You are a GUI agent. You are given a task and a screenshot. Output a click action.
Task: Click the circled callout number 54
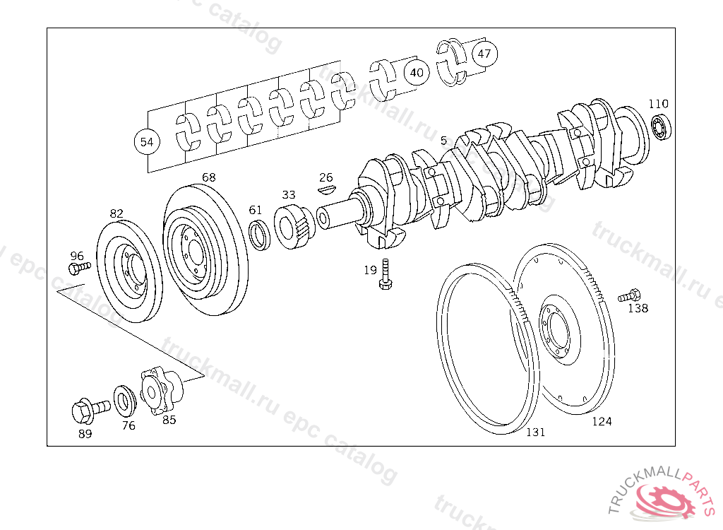tap(146, 142)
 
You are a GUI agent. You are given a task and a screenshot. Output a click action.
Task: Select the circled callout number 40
tap(417, 72)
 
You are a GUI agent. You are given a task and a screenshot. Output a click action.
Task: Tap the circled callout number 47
tap(484, 54)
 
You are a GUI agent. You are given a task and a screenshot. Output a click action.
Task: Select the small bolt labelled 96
tap(79, 268)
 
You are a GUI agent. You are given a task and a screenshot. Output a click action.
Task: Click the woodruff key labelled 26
tap(325, 189)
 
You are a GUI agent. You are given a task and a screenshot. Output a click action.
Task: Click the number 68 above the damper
tap(208, 177)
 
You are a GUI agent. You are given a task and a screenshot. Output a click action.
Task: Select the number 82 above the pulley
tap(116, 213)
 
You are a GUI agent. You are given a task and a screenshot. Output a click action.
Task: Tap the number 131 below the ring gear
tap(535, 432)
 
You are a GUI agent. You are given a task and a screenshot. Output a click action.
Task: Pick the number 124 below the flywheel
tap(602, 422)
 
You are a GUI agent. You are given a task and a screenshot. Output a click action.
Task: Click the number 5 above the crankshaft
tap(443, 141)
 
